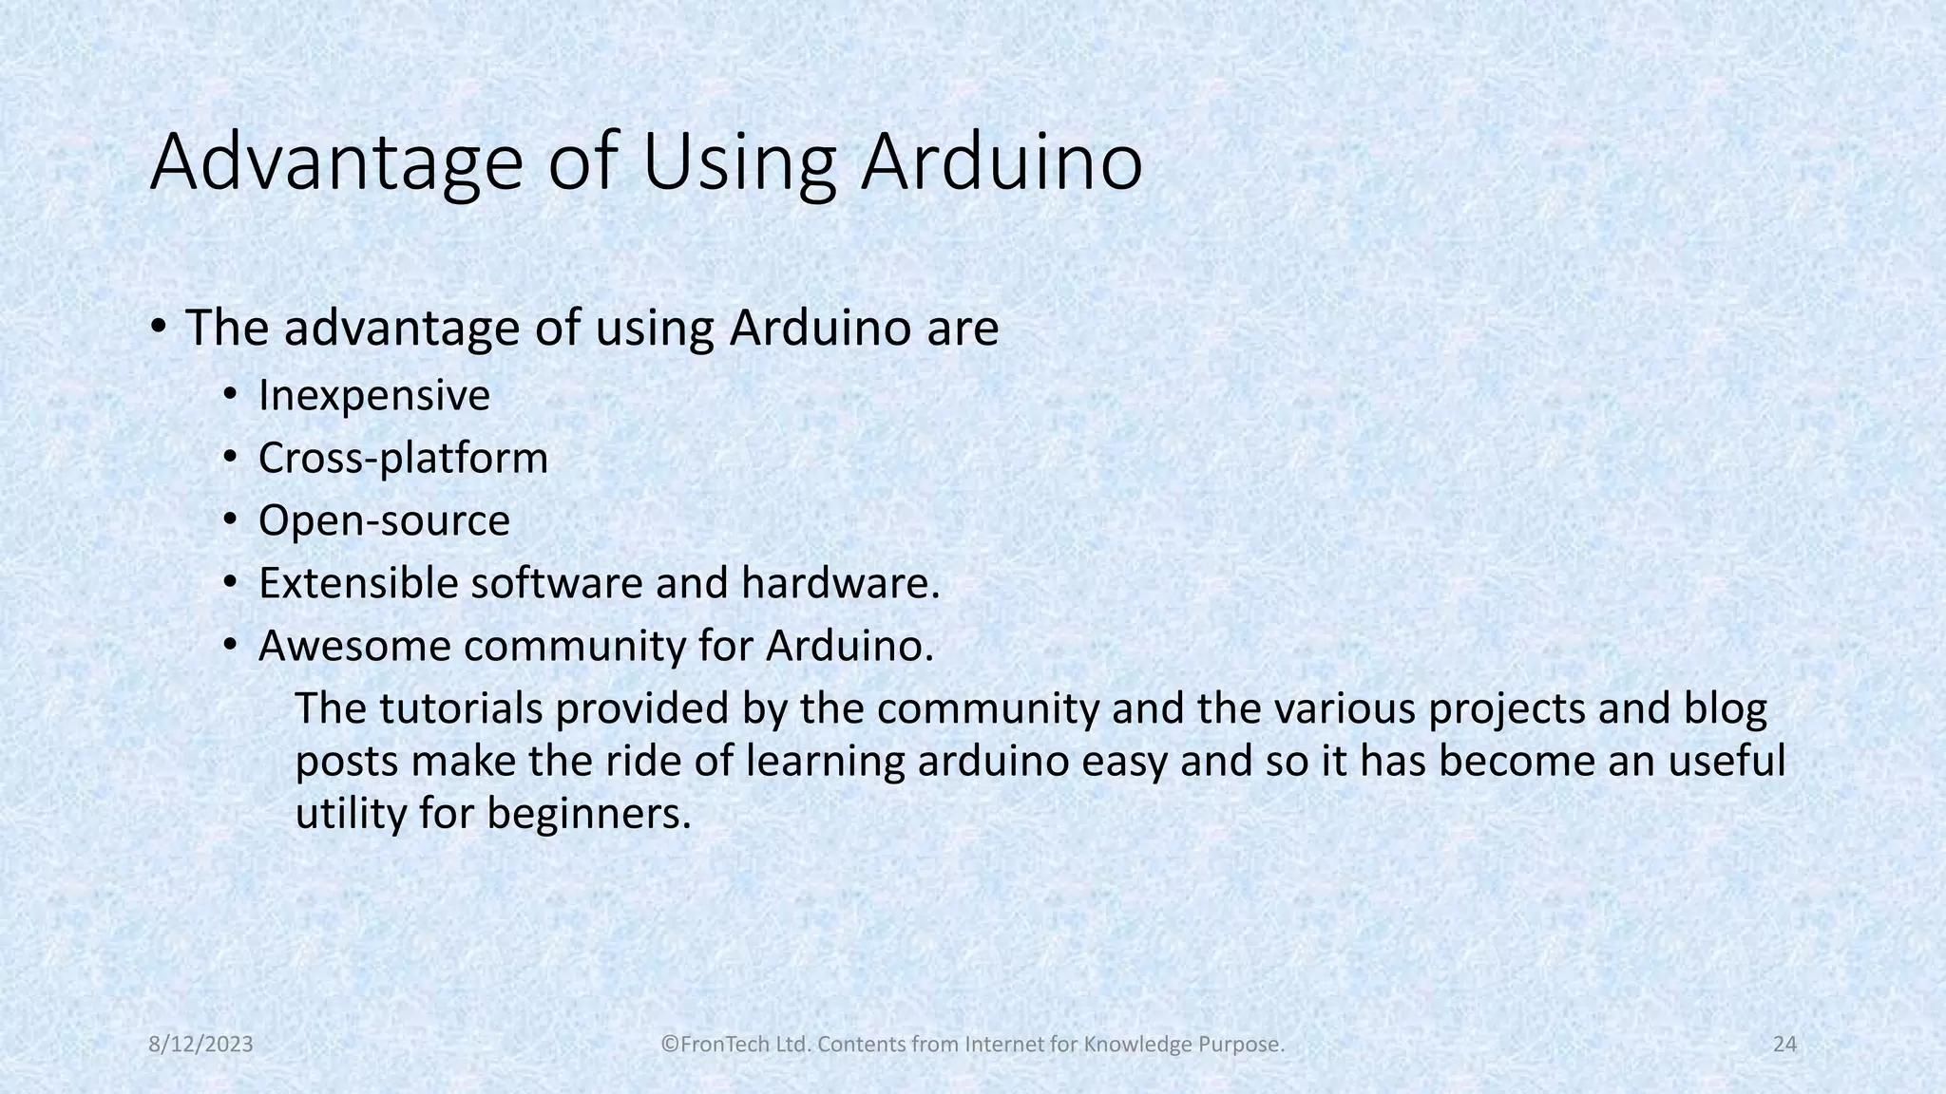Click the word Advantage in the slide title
[335, 163]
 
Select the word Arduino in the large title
[1002, 163]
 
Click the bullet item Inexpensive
[373, 395]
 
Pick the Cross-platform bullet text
[403, 458]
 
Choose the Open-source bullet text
[384, 520]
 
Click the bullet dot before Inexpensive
[230, 395]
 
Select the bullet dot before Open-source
[230, 520]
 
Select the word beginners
[588, 814]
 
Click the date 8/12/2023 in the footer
[201, 1045]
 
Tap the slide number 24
[1784, 1045]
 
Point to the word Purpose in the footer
[1245, 1045]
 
